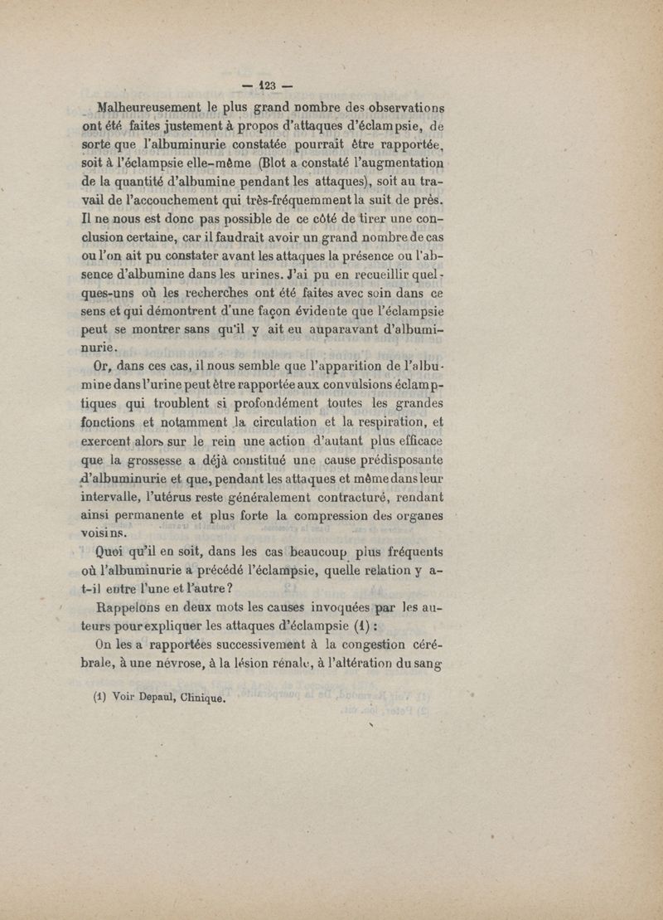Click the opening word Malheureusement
pos(149,108)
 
